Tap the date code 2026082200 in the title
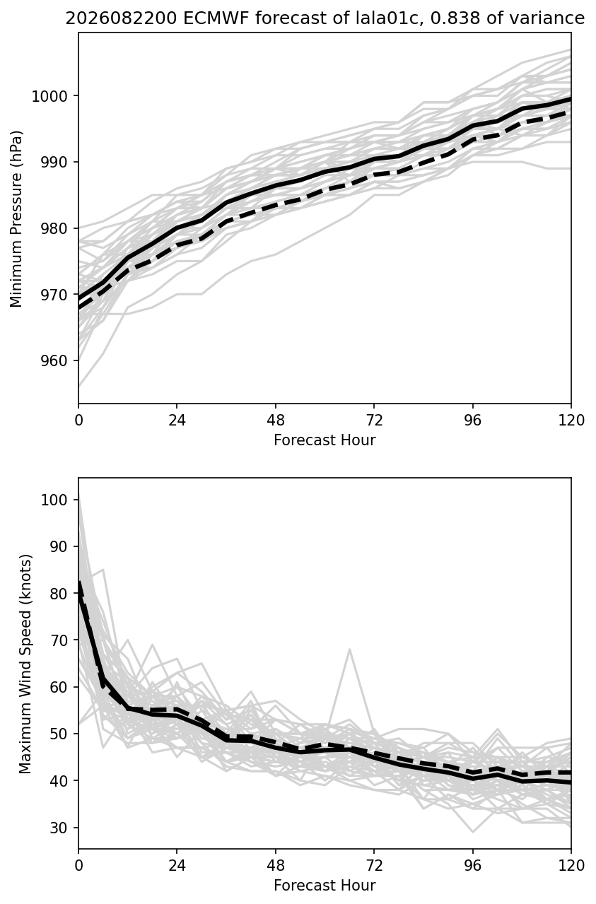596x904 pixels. tap(121, 18)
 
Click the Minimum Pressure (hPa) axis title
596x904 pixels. tap(16, 218)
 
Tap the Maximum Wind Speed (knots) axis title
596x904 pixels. tap(25, 664)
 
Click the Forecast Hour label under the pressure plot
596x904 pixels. tap(325, 440)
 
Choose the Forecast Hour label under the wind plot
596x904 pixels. tap(325, 886)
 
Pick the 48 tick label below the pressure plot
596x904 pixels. tap(276, 421)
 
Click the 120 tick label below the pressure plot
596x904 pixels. tap(571, 421)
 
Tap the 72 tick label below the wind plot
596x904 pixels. tap(374, 866)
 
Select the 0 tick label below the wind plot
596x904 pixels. tap(78, 866)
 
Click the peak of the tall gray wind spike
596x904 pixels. tap(349, 650)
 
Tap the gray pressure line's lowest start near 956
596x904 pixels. tap(79, 386)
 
